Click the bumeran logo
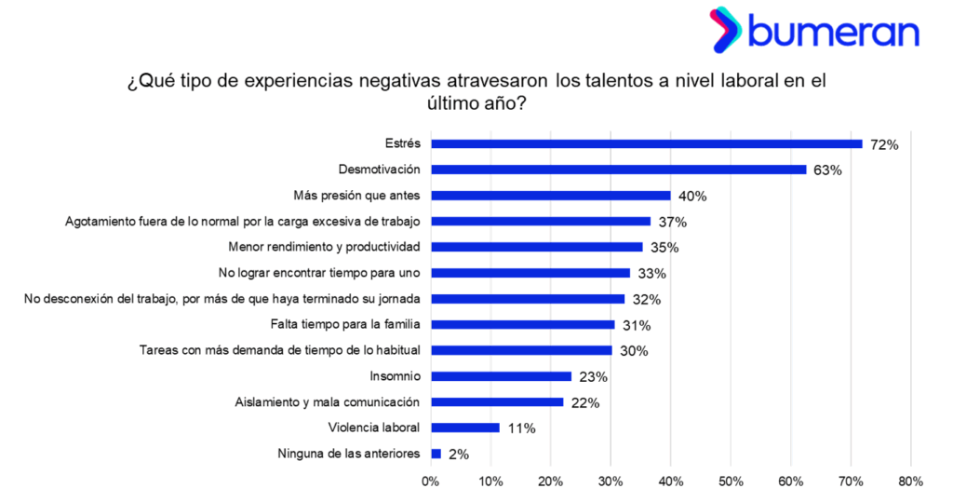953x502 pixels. click(814, 30)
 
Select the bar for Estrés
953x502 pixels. click(647, 143)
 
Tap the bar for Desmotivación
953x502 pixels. click(619, 170)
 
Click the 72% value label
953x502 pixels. click(883, 144)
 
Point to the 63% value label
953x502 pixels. click(827, 170)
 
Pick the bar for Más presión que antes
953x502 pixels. click(551, 196)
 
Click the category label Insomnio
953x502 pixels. click(396, 376)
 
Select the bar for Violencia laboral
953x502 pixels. click(465, 427)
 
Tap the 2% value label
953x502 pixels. click(459, 455)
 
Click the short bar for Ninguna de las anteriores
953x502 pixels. click(436, 454)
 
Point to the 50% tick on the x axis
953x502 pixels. click(731, 482)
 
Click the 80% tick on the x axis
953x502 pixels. click(910, 482)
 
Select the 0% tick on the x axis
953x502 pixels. click(431, 482)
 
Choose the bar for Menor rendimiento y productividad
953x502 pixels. click(537, 247)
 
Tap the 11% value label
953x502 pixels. click(521, 428)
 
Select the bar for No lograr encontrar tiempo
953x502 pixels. click(530, 273)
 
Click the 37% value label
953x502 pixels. click(672, 222)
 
